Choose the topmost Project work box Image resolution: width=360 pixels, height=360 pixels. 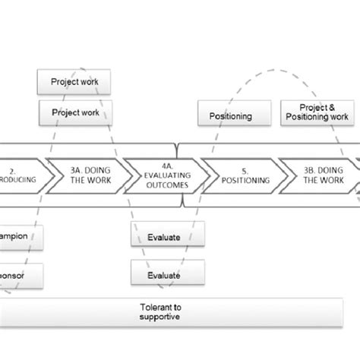74,81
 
